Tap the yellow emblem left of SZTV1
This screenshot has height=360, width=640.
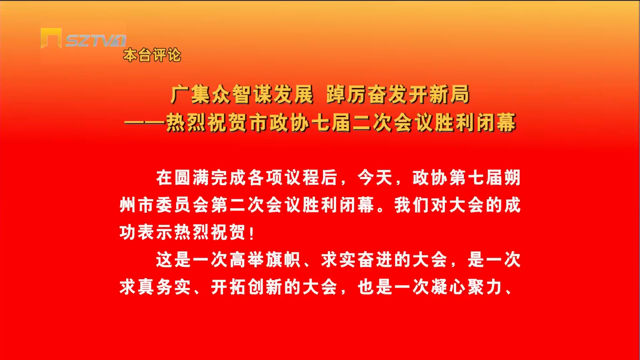[51, 38]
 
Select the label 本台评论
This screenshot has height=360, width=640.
[152, 55]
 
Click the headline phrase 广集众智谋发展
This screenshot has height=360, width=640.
[242, 94]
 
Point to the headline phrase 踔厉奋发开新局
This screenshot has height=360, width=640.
[398, 94]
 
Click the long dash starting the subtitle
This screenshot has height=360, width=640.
[145, 123]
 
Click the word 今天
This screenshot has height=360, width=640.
[375, 177]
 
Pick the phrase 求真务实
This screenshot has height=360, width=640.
[155, 287]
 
